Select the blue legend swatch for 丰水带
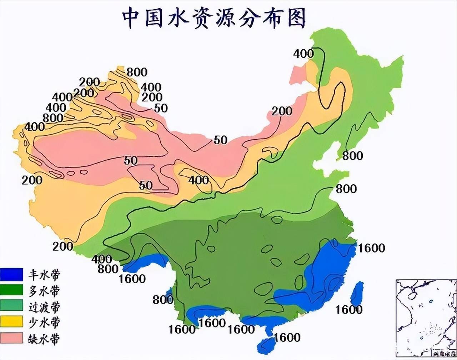[x=11, y=274]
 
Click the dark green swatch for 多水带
[x=11, y=290]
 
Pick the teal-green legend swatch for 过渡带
[x=11, y=306]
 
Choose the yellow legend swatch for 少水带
[x=11, y=321]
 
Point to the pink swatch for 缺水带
[x=11, y=337]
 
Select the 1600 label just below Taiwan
[x=349, y=309]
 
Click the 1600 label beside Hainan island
[x=287, y=337]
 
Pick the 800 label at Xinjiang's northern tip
[x=136, y=72]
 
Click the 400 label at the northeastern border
[x=303, y=54]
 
